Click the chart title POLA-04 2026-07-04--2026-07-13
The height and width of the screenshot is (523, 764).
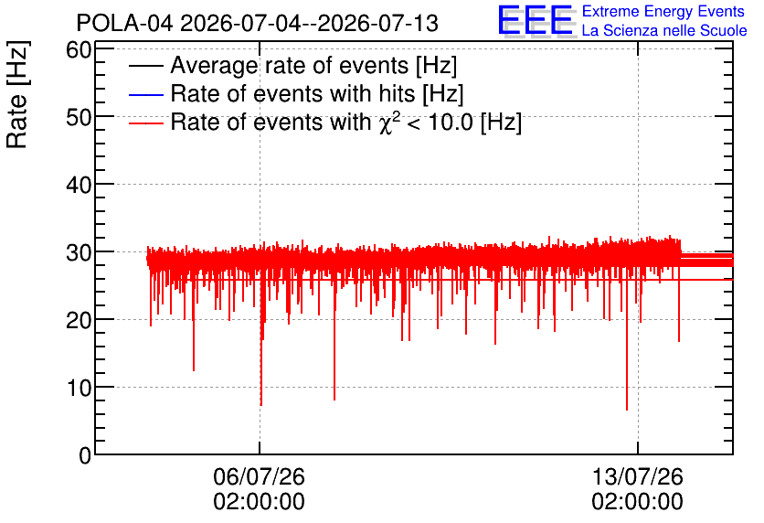[258, 23]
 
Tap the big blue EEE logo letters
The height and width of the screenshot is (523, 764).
[536, 20]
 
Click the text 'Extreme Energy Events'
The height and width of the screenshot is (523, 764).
[663, 11]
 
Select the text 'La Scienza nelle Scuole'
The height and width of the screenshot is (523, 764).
[664, 31]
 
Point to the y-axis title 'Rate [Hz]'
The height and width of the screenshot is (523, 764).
[17, 94]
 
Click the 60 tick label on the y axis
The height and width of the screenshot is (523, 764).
[79, 49]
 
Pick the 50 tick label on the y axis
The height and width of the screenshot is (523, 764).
[79, 117]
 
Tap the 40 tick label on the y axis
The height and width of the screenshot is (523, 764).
[79, 185]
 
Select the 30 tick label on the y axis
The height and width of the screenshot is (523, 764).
[79, 252]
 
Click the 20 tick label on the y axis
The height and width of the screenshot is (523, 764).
[79, 320]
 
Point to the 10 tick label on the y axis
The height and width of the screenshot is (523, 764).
[79, 388]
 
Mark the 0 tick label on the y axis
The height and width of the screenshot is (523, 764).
[85, 455]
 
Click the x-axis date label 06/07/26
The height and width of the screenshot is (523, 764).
[260, 476]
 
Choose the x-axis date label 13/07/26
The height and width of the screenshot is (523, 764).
[638, 476]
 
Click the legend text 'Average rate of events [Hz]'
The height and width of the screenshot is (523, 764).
[313, 66]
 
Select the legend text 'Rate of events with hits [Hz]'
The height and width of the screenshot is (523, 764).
[317, 93]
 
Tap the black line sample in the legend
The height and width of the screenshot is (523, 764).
[145, 66]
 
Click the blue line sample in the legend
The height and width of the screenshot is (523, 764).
[145, 94]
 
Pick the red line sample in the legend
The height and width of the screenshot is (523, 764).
[145, 123]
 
